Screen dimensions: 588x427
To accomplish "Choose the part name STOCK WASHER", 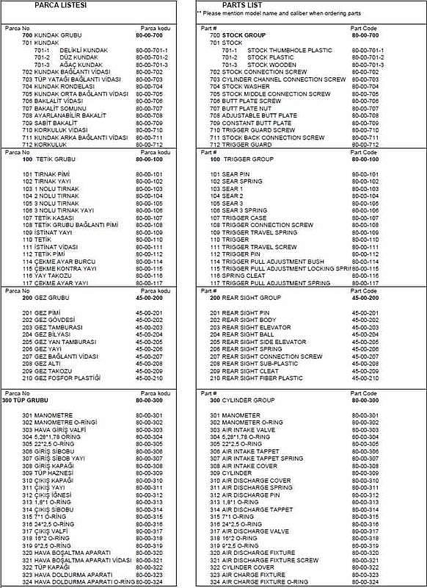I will pos(247,87).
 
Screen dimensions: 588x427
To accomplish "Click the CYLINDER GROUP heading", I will pos(249,401).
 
